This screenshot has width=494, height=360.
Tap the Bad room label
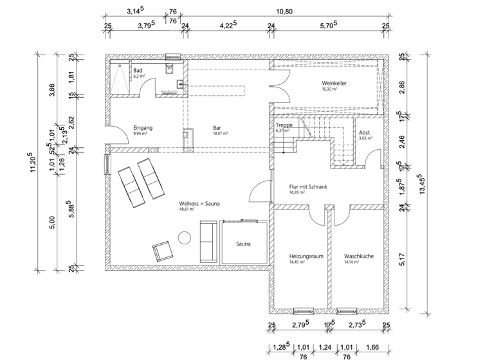pos(138,70)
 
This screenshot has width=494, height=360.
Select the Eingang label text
pos(142,127)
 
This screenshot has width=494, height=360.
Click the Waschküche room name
pos(358,255)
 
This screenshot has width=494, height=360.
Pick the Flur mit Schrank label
pos(309,186)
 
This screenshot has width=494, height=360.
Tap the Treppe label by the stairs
pos(284,125)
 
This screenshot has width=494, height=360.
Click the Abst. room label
pos(365,132)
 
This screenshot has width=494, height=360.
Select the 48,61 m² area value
pos(187,209)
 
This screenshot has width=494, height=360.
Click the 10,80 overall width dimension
pos(284,11)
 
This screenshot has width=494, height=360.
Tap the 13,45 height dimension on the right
pos(421,186)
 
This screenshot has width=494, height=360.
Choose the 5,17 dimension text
pos(401,260)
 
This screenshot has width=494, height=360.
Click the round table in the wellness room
pos(185,238)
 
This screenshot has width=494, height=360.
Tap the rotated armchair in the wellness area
pos(161,251)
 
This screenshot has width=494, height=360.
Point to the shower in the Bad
pos(118,78)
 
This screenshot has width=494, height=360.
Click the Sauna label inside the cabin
pos(244,244)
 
